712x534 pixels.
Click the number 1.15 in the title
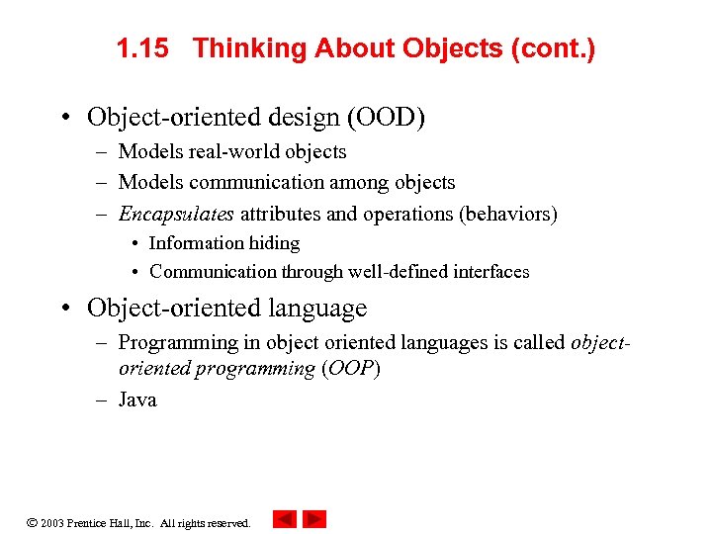coord(142,48)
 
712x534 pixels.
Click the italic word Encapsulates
coord(176,214)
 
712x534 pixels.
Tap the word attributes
coord(280,214)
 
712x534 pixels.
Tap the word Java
coord(137,400)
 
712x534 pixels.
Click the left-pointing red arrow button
coord(285,519)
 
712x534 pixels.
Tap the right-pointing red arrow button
coord(314,519)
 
